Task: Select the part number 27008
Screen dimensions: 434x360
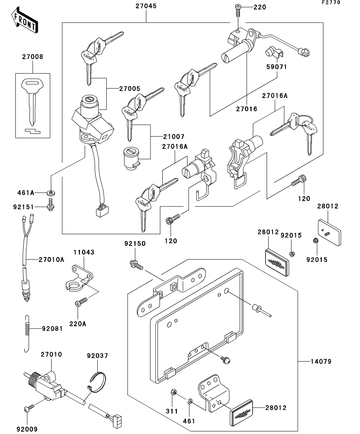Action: click(x=33, y=57)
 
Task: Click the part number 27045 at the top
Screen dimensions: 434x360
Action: click(x=146, y=7)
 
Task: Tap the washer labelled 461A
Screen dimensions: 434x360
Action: click(x=51, y=193)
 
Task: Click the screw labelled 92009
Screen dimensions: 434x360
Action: click(x=27, y=410)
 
